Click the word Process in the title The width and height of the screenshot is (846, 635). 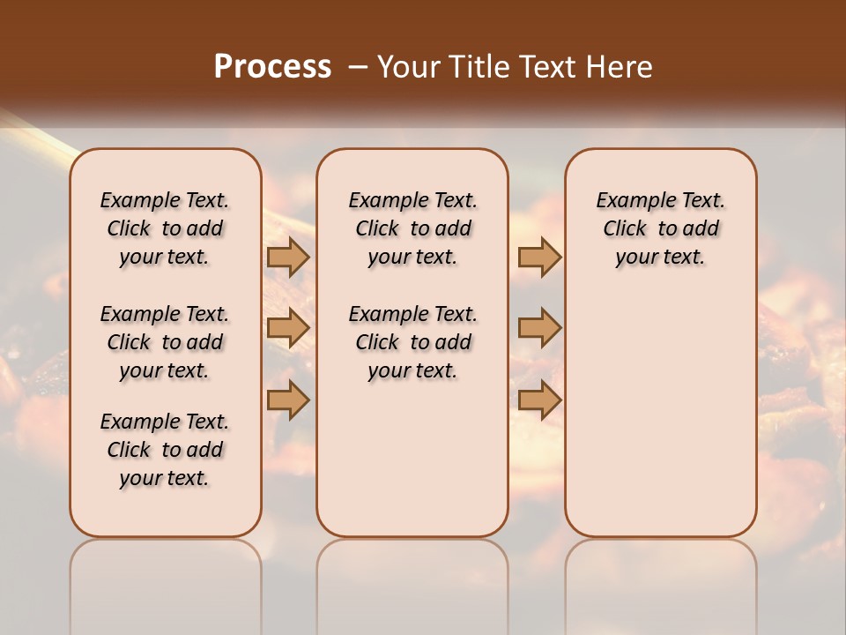pyautogui.click(x=272, y=66)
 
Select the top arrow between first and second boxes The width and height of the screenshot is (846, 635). pyautogui.click(x=288, y=258)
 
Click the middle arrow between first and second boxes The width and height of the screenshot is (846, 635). pyautogui.click(x=288, y=329)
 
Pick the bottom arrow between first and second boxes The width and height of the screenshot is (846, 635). pyautogui.click(x=288, y=400)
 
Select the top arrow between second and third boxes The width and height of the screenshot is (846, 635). pyautogui.click(x=539, y=258)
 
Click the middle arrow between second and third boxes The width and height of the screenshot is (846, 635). pyautogui.click(x=539, y=329)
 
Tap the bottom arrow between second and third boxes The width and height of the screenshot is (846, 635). pyautogui.click(x=539, y=400)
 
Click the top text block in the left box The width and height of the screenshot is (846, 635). pyautogui.click(x=165, y=228)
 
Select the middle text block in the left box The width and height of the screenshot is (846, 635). pyautogui.click(x=165, y=342)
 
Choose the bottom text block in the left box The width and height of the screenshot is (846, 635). pyautogui.click(x=165, y=450)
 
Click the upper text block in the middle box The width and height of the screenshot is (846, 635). pyautogui.click(x=412, y=228)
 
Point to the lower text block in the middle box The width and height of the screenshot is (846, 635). pyautogui.click(x=412, y=342)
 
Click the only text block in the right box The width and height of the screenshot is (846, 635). pyautogui.click(x=660, y=228)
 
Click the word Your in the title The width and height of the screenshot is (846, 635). pyautogui.click(x=410, y=66)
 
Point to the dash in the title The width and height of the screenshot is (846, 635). pyautogui.click(x=358, y=66)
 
